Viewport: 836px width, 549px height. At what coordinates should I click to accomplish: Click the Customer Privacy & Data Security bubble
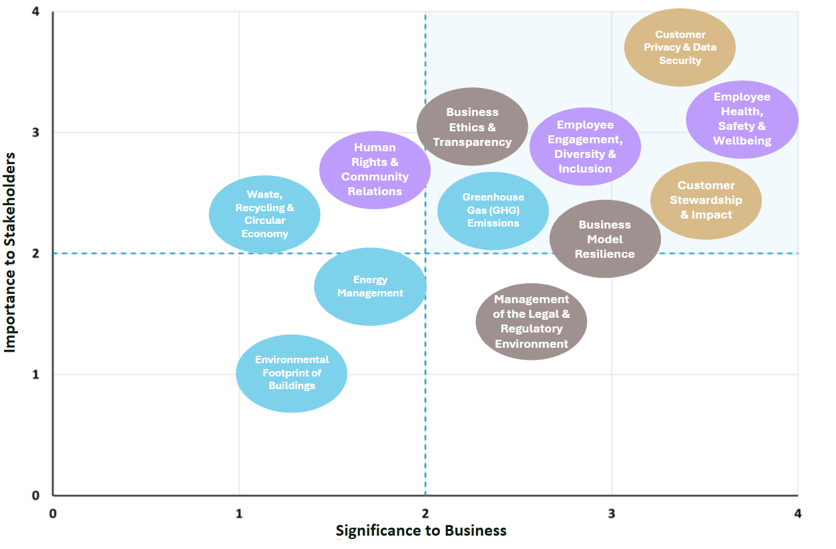[x=680, y=47]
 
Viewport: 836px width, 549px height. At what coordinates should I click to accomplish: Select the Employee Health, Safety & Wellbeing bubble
[x=742, y=119]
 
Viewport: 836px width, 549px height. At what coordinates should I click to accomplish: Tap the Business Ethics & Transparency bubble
[x=472, y=127]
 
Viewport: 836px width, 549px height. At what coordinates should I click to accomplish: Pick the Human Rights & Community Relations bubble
[x=375, y=170]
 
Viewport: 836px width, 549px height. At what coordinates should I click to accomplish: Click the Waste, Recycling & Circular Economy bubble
[x=265, y=214]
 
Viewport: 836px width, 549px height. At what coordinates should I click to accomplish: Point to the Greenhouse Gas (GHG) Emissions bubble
[x=493, y=211]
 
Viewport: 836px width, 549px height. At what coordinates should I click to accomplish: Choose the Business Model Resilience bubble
[x=605, y=239]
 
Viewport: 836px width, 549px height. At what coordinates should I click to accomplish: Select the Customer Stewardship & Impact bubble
[x=706, y=200]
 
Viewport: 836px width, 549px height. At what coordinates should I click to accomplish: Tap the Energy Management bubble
[x=370, y=286]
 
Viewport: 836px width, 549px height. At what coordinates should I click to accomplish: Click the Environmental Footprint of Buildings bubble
[x=292, y=373]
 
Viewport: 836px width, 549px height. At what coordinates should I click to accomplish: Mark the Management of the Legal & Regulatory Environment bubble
[x=531, y=322]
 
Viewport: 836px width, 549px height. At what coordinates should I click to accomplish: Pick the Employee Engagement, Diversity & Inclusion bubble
[x=585, y=147]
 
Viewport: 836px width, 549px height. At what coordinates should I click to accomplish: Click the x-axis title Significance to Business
[x=421, y=531]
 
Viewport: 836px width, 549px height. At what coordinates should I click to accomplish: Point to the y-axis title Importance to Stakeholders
[x=11, y=252]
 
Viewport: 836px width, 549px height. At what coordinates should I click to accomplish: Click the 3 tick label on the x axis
[x=611, y=513]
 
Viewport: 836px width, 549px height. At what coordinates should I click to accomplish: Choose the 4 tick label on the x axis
[x=797, y=513]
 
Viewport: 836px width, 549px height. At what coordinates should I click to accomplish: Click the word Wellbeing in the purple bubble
[x=742, y=141]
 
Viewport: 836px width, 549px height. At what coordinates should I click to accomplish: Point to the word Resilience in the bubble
[x=605, y=254]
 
